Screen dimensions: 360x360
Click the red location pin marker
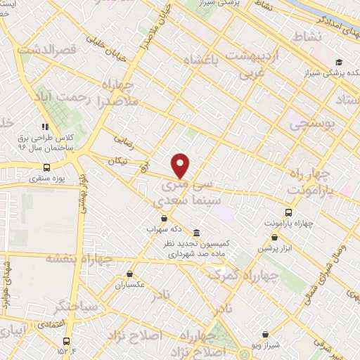pyautogui.click(x=181, y=166)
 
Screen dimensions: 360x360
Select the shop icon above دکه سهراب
pyautogui.click(x=163, y=218)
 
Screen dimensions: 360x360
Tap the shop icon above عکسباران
pyautogui.click(x=129, y=275)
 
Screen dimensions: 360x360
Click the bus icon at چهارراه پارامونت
pyautogui.click(x=288, y=212)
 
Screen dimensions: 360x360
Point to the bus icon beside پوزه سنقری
pyautogui.click(x=46, y=167)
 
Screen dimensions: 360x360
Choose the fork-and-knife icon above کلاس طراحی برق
pyautogui.click(x=45, y=127)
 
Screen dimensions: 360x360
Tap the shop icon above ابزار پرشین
pyautogui.click(x=287, y=238)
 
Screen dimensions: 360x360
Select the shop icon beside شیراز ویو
pyautogui.click(x=265, y=335)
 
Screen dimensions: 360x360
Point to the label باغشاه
pyautogui.click(x=211, y=62)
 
